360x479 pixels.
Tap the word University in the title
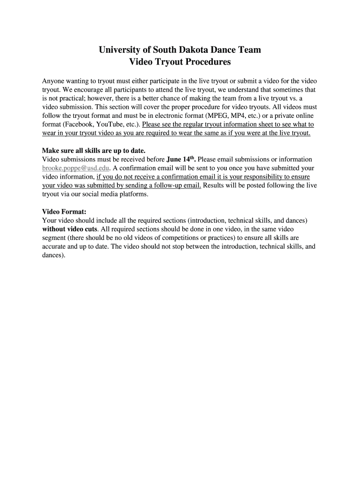point(120,50)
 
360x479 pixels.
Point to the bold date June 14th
point(181,159)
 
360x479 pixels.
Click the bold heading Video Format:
point(64,211)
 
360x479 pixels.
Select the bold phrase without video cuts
point(70,229)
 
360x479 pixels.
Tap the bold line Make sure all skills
point(94,151)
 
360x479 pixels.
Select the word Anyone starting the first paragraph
point(54,80)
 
